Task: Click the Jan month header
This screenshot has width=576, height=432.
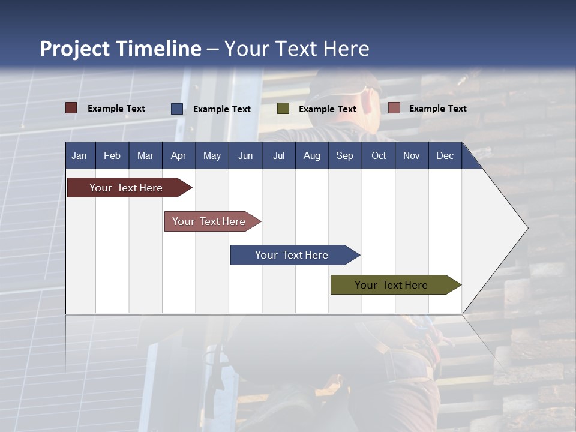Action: click(79, 155)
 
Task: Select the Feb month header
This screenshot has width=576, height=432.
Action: click(112, 155)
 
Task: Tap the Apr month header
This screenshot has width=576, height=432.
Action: click(178, 155)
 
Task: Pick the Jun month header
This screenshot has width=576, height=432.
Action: click(245, 155)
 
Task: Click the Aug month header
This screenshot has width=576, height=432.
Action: click(311, 155)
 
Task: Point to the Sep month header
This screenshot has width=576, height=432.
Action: click(344, 155)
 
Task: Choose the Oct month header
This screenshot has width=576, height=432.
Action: click(379, 155)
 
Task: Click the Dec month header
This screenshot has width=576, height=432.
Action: click(445, 155)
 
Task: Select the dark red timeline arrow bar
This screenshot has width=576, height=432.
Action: click(126, 188)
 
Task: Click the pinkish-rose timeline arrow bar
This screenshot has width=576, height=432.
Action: click(209, 221)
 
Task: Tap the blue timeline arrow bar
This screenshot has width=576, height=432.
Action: click(292, 255)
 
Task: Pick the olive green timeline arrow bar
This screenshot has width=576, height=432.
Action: click(391, 285)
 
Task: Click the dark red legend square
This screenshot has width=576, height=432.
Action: click(71, 108)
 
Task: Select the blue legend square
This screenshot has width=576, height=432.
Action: click(177, 109)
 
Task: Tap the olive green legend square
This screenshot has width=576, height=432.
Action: click(283, 109)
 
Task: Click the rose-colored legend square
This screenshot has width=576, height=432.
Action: click(394, 108)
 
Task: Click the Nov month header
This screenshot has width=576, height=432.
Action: click(412, 155)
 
